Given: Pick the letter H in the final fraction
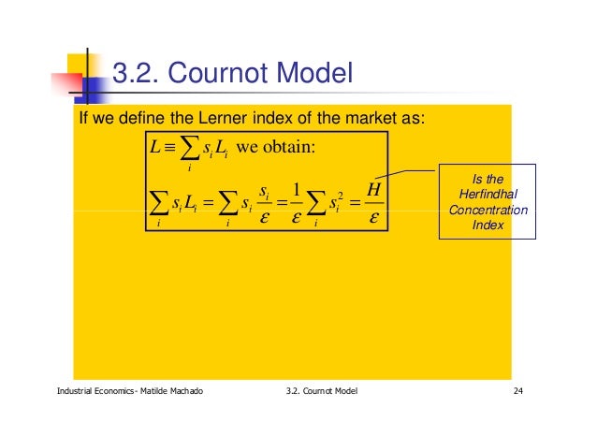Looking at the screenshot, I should (x=372, y=190).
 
